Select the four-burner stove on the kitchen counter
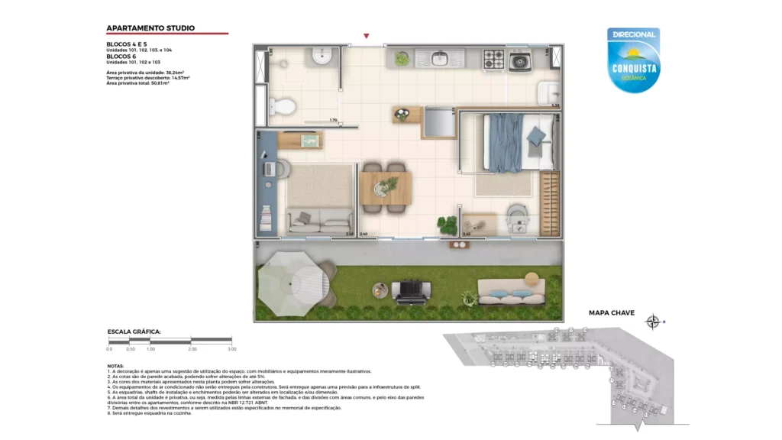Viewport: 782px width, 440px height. (x=493, y=58)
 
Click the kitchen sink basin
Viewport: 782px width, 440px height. (x=440, y=58)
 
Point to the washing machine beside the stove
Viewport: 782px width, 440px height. (x=521, y=60)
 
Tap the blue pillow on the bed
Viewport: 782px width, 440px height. (x=537, y=136)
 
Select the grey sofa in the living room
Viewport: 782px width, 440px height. (x=315, y=222)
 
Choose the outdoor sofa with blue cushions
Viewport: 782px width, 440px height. (x=510, y=291)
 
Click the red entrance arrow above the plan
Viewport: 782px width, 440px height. (x=367, y=36)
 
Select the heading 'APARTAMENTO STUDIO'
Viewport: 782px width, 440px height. (x=150, y=28)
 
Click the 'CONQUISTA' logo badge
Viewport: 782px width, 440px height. (x=633, y=61)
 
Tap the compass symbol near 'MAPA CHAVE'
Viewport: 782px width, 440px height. (x=653, y=322)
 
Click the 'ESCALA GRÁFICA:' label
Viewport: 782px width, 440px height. (x=134, y=332)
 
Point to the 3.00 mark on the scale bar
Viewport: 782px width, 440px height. (x=231, y=348)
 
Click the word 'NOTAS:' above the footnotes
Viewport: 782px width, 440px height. (x=116, y=366)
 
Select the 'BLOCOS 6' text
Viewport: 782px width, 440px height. (x=122, y=56)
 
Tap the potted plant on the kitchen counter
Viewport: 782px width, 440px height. (x=402, y=58)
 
